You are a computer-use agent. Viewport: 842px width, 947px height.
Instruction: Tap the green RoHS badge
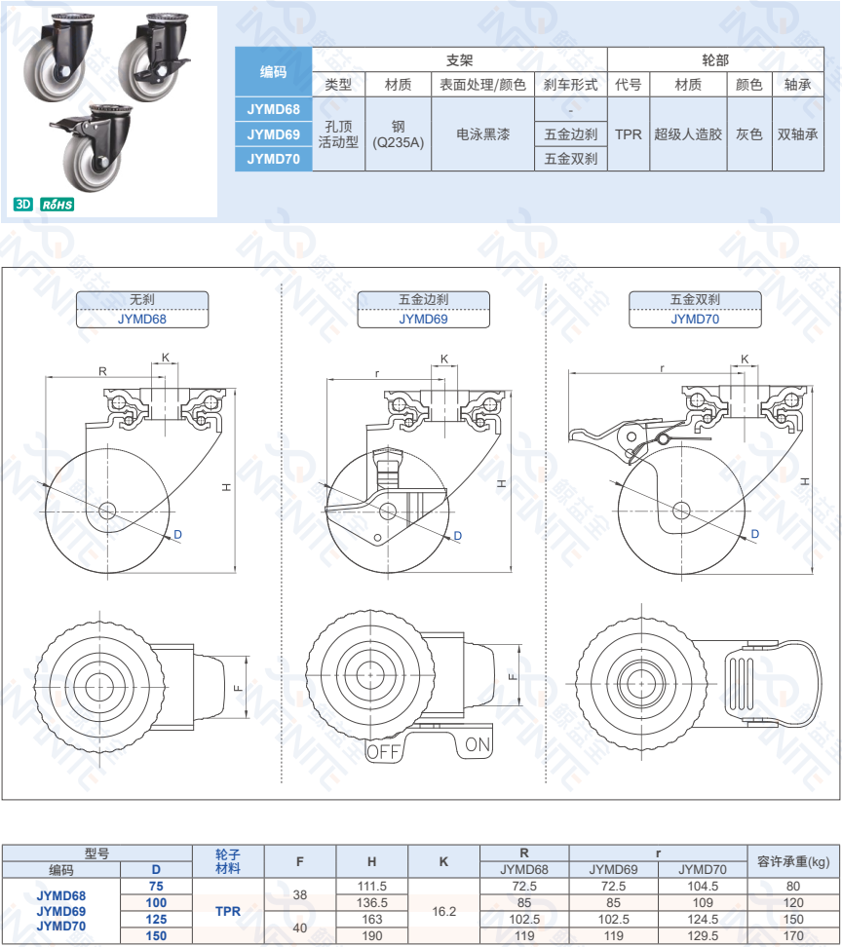tap(57, 205)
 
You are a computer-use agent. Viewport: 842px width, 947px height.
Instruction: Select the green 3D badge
tap(23, 205)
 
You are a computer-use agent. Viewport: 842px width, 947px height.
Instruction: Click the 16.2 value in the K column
tap(443, 911)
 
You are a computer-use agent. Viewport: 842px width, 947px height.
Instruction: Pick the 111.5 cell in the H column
tap(372, 886)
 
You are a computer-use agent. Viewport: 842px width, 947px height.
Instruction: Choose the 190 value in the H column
tap(372, 935)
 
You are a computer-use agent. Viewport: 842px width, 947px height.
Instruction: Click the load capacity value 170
tap(793, 935)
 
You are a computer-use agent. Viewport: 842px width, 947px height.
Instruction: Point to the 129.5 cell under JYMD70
tap(702, 935)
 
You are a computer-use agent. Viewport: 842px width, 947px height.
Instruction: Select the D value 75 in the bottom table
tap(156, 886)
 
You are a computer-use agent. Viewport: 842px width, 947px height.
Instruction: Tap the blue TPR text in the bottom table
tap(227, 911)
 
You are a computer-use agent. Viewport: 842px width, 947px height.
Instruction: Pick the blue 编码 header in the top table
tap(273, 71)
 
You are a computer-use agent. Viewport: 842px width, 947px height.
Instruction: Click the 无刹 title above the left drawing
tap(142, 300)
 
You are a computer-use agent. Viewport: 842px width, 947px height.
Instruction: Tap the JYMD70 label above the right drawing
tap(694, 319)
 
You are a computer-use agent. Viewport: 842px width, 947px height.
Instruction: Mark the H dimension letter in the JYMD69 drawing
tap(501, 482)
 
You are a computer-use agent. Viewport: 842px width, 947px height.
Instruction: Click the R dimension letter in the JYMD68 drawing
tap(102, 370)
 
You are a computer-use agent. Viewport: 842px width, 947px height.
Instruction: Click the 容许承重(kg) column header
tap(793, 861)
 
